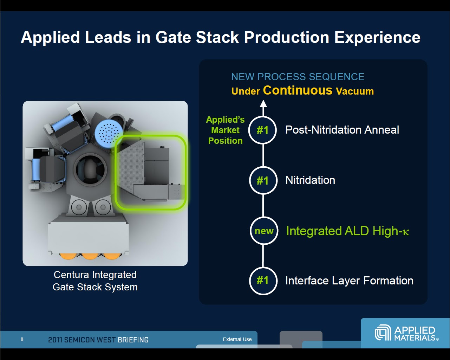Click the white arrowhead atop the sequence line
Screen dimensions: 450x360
pos(263,104)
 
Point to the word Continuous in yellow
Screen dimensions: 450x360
pos(298,90)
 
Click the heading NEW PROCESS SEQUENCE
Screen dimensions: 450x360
pos(298,77)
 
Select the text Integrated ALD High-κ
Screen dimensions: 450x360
pos(347,231)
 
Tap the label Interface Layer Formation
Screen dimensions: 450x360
pos(350,281)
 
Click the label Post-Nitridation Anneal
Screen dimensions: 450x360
pos(342,130)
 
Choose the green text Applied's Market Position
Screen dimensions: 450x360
pos(226,130)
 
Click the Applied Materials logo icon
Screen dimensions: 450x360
pos(383,332)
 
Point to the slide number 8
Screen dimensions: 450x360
pos(22,339)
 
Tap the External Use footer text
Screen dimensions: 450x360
pos(237,339)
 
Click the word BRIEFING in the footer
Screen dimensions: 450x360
pos(133,340)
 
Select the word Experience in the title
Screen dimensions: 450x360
pos(377,38)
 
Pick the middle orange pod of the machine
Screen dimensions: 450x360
pos(90,256)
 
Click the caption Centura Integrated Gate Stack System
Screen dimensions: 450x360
pos(95,281)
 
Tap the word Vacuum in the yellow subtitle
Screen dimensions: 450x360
pos(355,91)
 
